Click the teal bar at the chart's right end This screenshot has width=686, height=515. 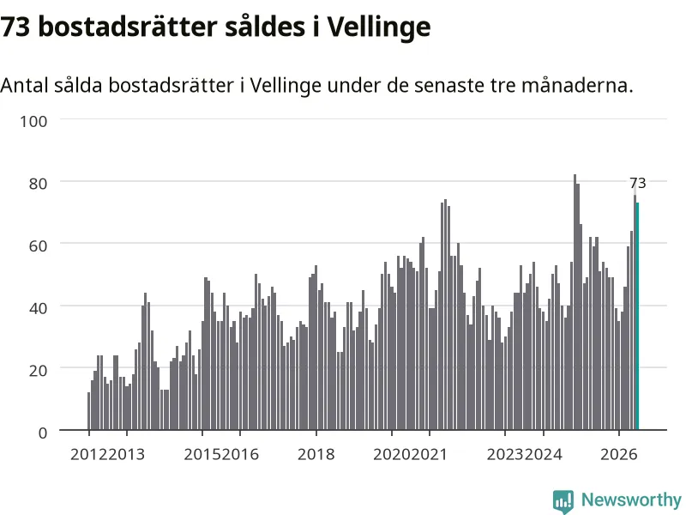637,316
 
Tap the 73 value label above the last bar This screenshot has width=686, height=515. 637,183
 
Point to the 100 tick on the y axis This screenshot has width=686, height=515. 33,121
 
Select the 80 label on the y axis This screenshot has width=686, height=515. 38,184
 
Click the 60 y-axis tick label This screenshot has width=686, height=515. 38,245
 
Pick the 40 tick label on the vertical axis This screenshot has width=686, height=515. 38,308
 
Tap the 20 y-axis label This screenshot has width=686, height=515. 38,371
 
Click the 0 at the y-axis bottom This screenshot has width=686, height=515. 42,433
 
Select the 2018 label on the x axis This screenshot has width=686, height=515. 316,454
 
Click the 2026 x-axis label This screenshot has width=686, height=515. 618,454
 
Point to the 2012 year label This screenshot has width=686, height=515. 89,454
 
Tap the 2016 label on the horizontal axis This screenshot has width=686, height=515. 240,454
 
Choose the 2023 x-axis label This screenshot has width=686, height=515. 505,454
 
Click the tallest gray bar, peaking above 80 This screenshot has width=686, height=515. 575,302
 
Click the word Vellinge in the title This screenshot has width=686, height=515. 379,27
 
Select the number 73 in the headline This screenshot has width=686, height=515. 15,27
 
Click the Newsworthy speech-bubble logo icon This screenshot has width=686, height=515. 563,501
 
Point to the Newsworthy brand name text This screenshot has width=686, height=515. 631,500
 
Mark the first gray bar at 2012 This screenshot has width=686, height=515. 89,411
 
